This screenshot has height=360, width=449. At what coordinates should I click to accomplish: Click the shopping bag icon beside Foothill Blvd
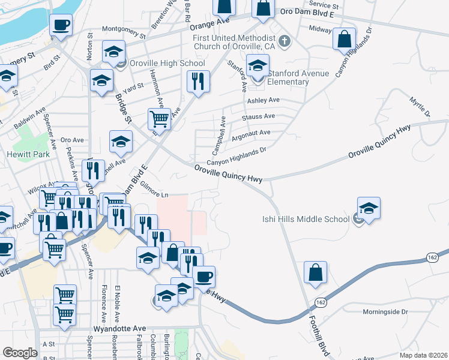pyautogui.click(x=315, y=273)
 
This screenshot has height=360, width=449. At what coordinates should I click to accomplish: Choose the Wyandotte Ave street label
pyautogui.click(x=120, y=329)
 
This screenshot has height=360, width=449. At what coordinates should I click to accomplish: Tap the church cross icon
pyautogui.click(x=285, y=41)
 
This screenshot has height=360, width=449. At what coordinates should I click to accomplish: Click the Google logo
pyautogui.click(x=20, y=353)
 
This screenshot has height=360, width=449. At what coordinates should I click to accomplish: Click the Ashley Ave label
pyautogui.click(x=264, y=100)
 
